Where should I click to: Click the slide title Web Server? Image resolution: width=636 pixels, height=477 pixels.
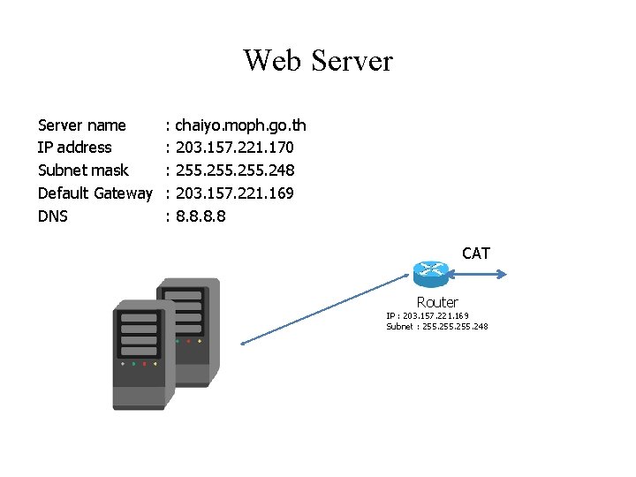tap(318, 61)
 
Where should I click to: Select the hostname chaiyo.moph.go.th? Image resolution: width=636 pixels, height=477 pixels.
tap(240, 125)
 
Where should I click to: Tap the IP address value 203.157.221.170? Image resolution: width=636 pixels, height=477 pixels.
tap(235, 148)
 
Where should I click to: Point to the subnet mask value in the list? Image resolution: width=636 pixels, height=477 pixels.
tap(235, 170)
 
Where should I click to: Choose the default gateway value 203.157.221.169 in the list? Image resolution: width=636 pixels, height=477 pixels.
tap(235, 193)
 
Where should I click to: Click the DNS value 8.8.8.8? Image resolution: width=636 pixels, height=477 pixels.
tap(201, 216)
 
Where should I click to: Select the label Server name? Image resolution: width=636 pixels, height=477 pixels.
tap(82, 125)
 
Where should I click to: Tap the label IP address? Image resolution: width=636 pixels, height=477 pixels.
tap(75, 148)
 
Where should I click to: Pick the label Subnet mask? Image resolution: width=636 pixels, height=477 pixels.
tap(83, 170)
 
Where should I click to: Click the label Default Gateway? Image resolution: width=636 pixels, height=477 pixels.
tap(95, 193)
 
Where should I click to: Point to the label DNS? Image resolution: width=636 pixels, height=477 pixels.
tap(53, 216)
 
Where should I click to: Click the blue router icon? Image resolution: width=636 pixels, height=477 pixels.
tap(432, 272)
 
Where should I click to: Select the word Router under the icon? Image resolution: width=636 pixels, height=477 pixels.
tap(437, 302)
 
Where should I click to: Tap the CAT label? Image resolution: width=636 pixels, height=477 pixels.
tap(476, 254)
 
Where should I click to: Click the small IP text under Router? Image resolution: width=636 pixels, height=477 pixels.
tap(428, 315)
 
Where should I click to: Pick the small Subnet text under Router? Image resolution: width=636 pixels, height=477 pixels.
tap(436, 327)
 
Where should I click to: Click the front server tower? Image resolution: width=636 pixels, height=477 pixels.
tap(140, 353)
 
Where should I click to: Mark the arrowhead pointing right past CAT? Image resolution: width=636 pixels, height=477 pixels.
tap(503, 273)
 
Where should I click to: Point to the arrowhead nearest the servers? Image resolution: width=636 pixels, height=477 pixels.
tap(243, 342)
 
